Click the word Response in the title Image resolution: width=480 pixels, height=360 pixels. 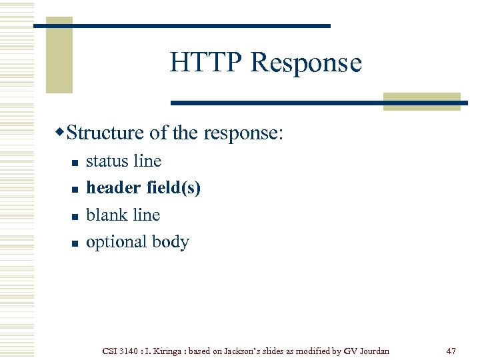pyautogui.click(x=306, y=63)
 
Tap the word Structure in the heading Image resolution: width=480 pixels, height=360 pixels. pyautogui.click(x=105, y=133)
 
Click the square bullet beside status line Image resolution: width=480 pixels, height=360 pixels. pyautogui.click(x=75, y=163)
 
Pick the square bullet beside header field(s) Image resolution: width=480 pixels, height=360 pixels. pyautogui.click(x=75, y=190)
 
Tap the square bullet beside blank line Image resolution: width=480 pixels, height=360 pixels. pyautogui.click(x=75, y=217)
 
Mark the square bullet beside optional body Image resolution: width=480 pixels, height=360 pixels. pyautogui.click(x=75, y=243)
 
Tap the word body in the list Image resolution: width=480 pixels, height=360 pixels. pyautogui.click(x=171, y=242)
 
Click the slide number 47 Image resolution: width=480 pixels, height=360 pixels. pyautogui.click(x=451, y=350)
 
